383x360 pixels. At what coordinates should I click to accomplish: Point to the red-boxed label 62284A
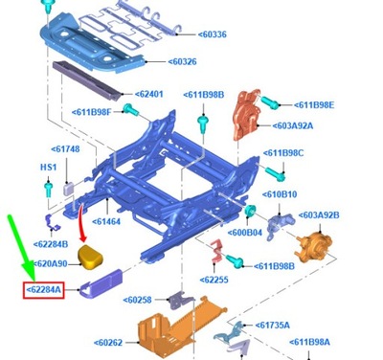pos(43,289)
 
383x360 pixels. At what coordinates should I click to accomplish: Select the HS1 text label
pos(47,168)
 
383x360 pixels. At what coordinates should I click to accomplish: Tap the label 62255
pos(218,280)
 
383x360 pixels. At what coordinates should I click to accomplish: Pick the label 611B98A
pos(309,342)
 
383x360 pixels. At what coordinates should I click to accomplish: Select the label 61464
pos(105,221)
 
